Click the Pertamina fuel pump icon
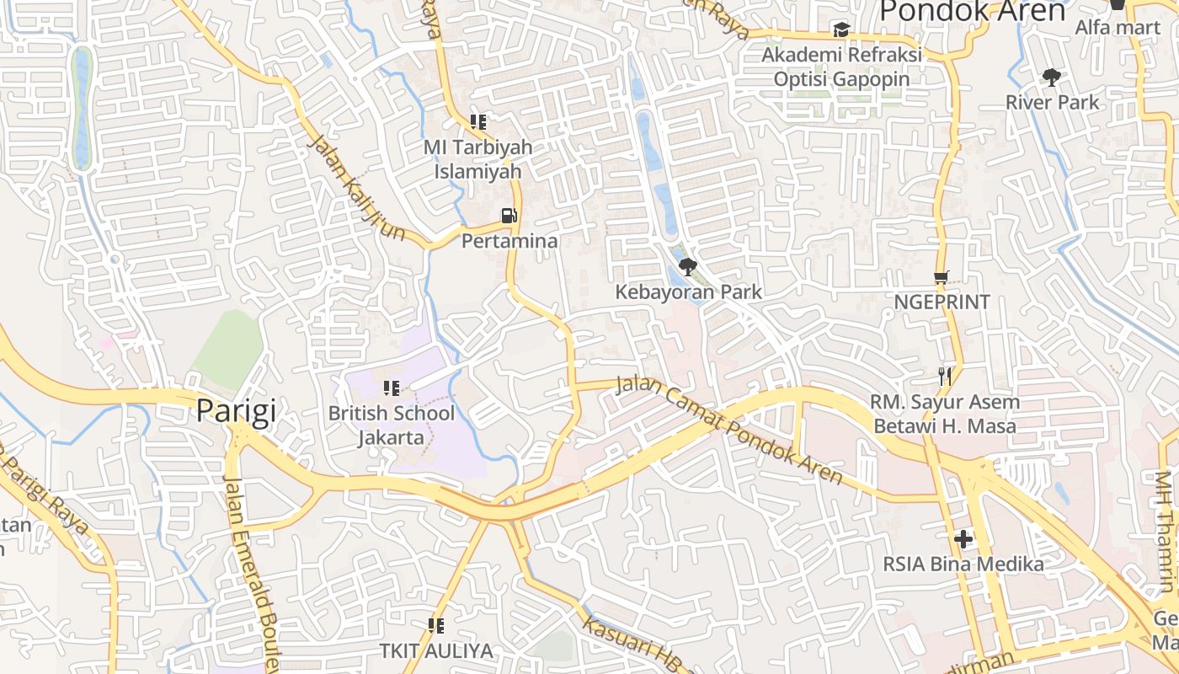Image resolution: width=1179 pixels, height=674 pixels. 509,216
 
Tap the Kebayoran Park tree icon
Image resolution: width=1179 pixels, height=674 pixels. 688,267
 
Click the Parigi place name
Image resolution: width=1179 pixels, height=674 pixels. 236,411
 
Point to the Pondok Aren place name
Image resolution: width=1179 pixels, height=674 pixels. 973,11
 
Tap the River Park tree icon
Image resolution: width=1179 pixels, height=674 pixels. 1051,78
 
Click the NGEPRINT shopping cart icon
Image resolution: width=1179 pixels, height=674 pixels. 942,277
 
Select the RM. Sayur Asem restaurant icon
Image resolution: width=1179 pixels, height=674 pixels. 945,376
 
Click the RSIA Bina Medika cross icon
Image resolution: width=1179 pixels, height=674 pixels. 963,538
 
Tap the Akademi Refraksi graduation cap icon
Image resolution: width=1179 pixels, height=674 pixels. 840,29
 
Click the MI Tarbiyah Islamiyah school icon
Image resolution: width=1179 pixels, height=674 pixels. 478,121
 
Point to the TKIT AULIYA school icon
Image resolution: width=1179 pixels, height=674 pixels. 435,625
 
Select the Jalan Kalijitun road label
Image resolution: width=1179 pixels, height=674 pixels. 357,188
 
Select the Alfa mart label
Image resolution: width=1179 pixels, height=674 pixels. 1118,28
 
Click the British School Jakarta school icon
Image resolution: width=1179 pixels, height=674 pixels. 391,388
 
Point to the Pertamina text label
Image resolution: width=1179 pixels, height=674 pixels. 509,242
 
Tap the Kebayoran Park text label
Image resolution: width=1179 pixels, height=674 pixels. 688,292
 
